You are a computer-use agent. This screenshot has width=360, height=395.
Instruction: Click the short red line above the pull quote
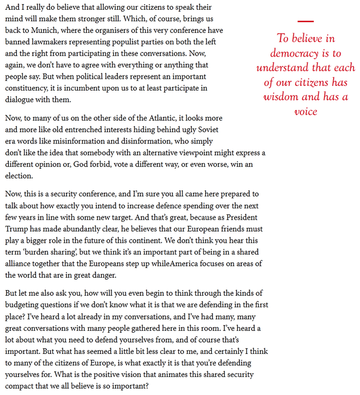(x=305, y=21)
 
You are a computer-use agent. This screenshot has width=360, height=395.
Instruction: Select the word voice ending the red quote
(x=305, y=112)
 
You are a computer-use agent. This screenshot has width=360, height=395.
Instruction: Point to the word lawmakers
(x=52, y=42)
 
